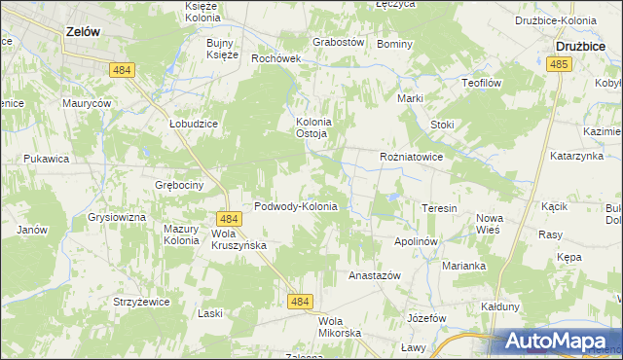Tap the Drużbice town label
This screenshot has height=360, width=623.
[x=581, y=45]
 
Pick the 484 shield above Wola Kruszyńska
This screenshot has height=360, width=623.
[x=229, y=220]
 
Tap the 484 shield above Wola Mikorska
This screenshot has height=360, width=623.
[x=301, y=303]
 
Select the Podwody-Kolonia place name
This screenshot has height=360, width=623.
[x=295, y=206]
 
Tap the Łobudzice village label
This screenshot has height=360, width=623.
[x=192, y=125]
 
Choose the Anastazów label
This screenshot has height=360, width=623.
[x=375, y=275]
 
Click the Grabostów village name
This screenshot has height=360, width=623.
[x=338, y=43]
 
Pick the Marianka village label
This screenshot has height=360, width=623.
[x=463, y=266]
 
